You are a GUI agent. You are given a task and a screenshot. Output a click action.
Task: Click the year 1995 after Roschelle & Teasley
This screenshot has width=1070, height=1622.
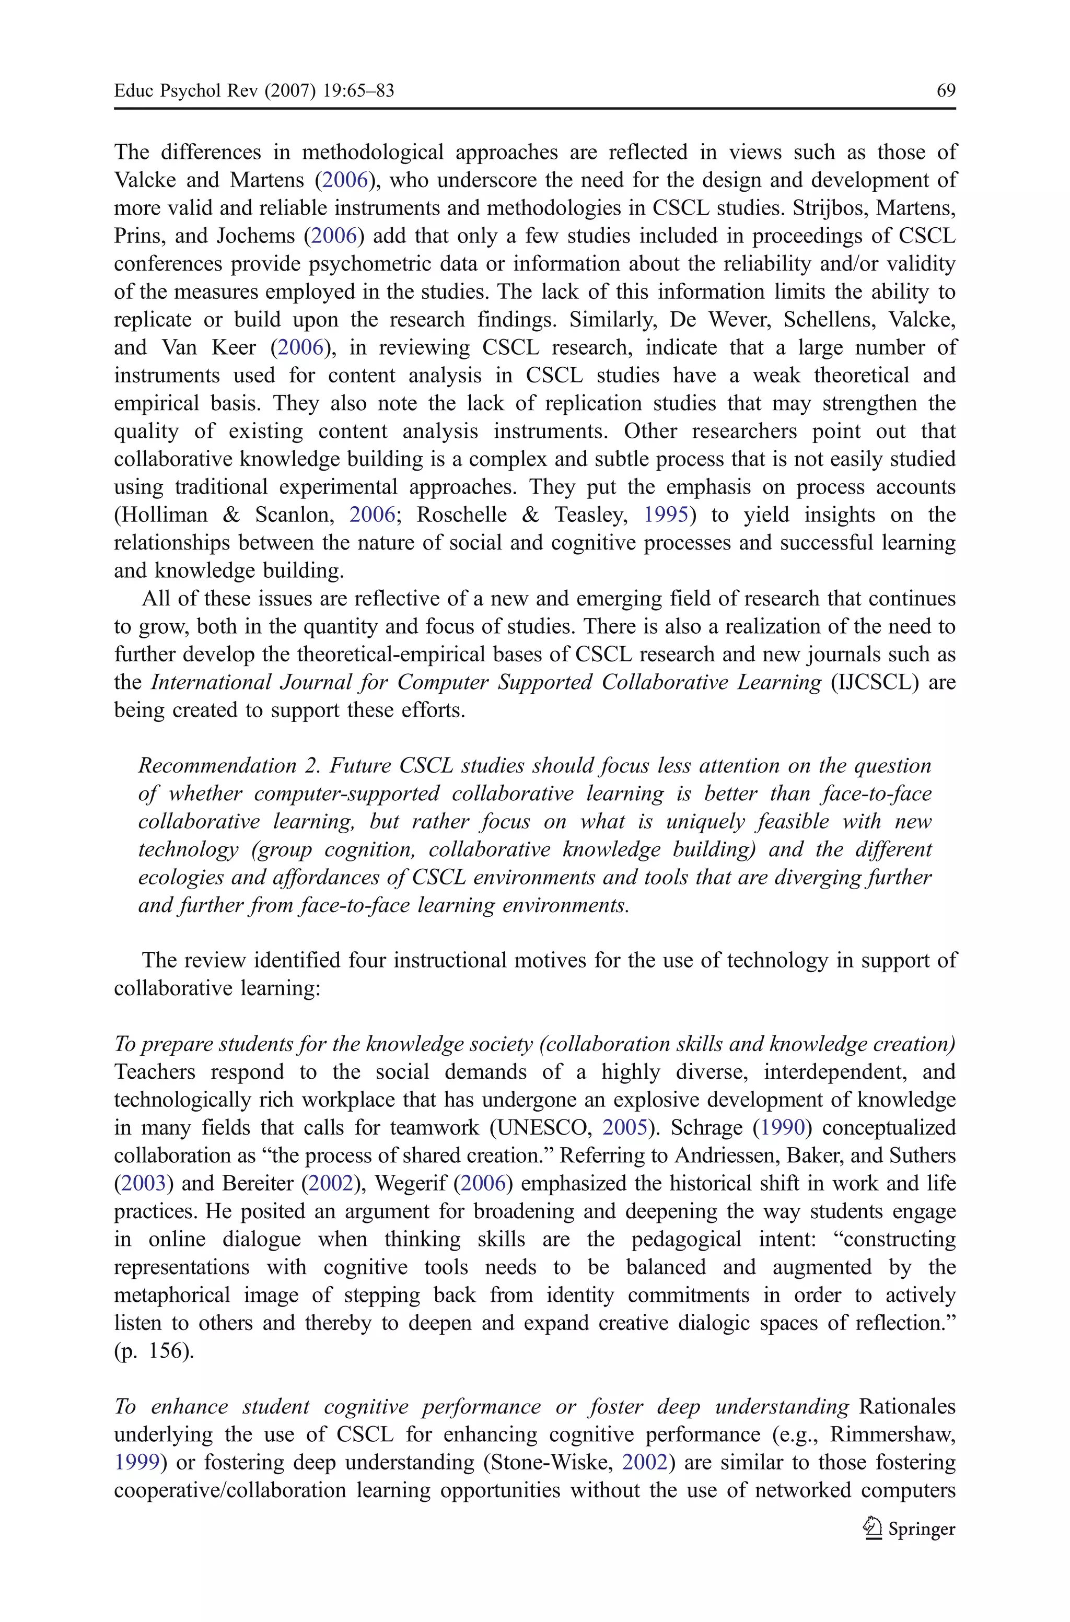tap(665, 515)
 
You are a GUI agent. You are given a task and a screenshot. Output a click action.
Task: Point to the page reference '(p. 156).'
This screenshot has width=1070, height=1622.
tap(154, 1350)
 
